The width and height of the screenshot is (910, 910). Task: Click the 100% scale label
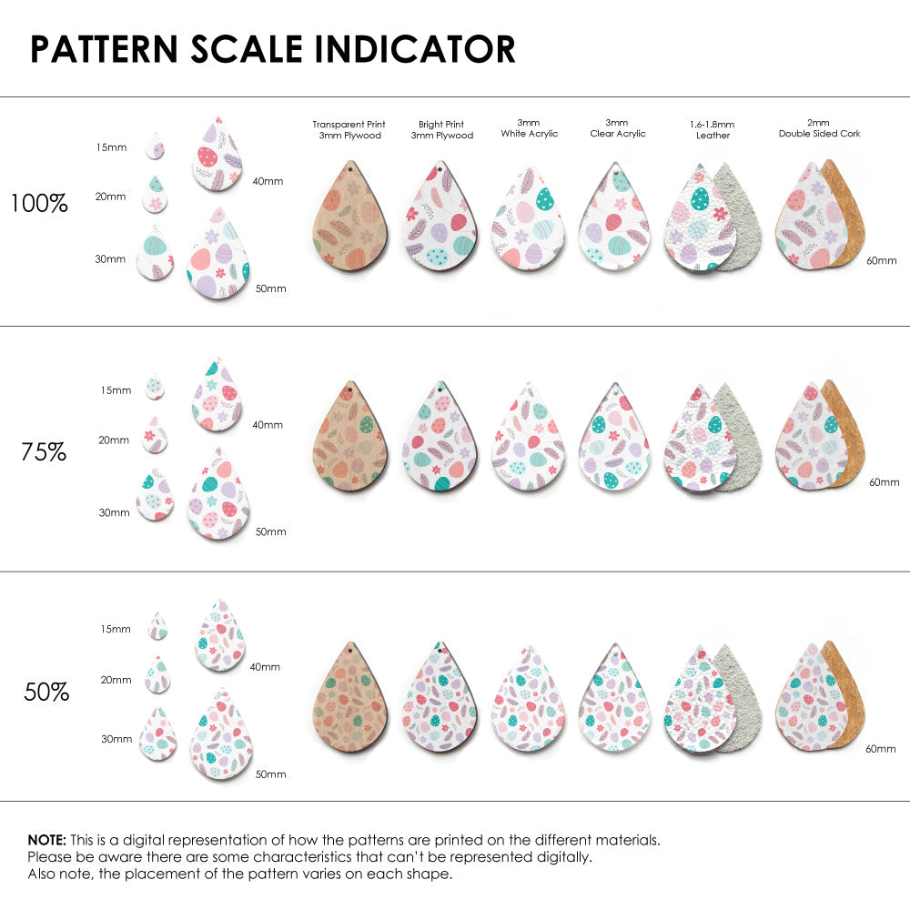click(x=39, y=203)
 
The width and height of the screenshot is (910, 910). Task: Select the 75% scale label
click(x=44, y=450)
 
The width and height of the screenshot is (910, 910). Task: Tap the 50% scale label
click(x=46, y=692)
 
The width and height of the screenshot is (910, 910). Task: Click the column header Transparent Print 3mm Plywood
click(x=349, y=129)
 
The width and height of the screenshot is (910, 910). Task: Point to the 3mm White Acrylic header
click(x=529, y=128)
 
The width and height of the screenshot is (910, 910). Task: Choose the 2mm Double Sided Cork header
click(x=819, y=128)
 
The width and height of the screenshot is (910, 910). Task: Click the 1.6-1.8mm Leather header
click(x=713, y=129)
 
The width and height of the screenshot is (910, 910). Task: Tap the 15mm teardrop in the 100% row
click(x=156, y=146)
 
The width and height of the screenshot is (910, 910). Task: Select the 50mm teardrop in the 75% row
click(x=218, y=496)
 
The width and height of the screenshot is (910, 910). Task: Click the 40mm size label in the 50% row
click(x=265, y=667)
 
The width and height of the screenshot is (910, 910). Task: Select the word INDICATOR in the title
click(x=416, y=49)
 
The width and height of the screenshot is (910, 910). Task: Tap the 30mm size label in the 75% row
click(x=114, y=512)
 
